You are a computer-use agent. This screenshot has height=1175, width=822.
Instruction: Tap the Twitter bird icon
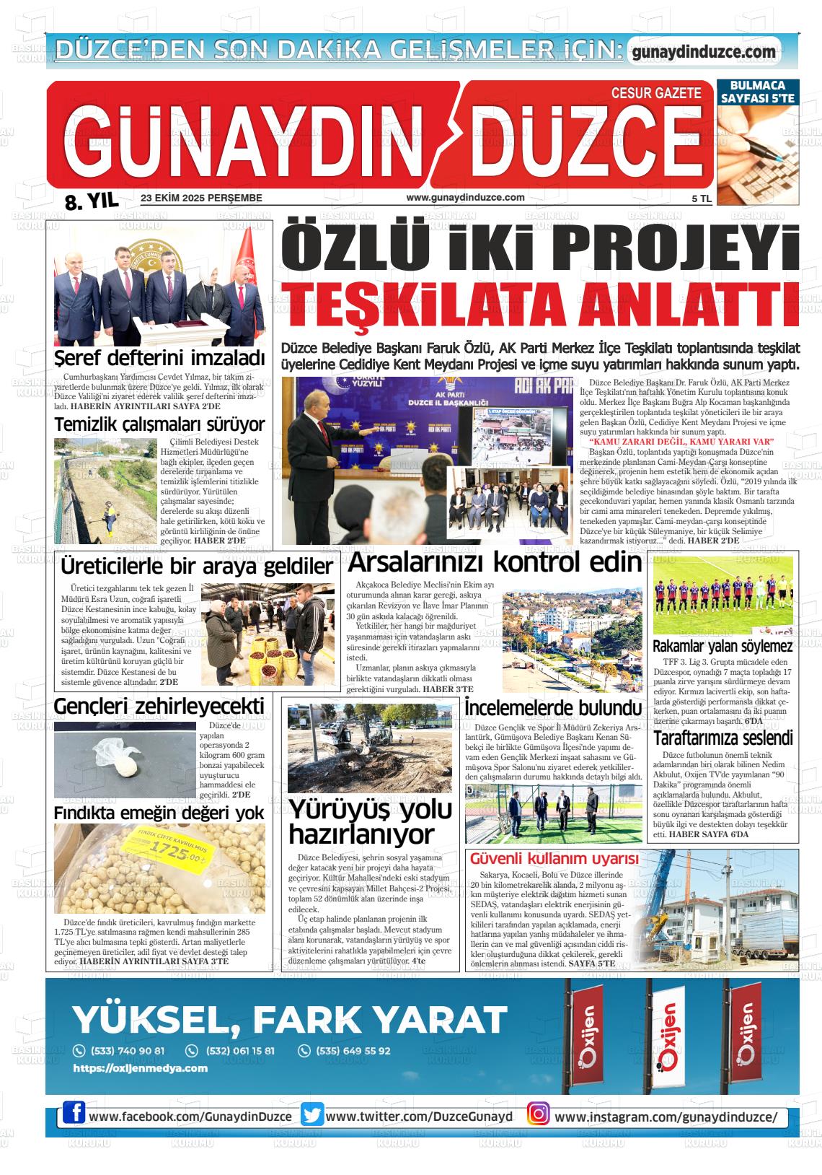pos(312,1115)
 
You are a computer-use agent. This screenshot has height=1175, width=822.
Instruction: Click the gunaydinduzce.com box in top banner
pos(704,52)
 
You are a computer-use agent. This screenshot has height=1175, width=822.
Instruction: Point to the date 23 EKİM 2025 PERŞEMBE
pos(201,198)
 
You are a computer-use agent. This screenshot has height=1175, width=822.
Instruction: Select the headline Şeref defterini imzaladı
pos(160,359)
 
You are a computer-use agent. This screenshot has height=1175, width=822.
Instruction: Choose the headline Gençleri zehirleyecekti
pos(159,705)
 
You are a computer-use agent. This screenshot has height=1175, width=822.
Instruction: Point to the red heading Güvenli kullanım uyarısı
pos(554,859)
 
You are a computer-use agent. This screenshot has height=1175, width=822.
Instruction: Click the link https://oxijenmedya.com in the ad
pos(141,1068)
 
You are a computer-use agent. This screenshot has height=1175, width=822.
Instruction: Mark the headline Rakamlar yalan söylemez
pos(722,646)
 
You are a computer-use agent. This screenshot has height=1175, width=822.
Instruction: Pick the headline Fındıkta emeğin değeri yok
pos(159,813)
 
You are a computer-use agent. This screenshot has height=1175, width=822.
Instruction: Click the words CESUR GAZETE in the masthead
pos(655,93)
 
